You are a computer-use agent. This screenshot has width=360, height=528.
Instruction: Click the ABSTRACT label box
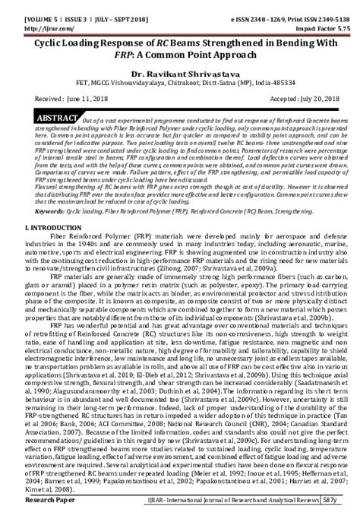pyautogui.click(x=55, y=120)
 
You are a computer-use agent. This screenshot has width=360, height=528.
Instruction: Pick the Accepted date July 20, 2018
pyautogui.click(x=298, y=99)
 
